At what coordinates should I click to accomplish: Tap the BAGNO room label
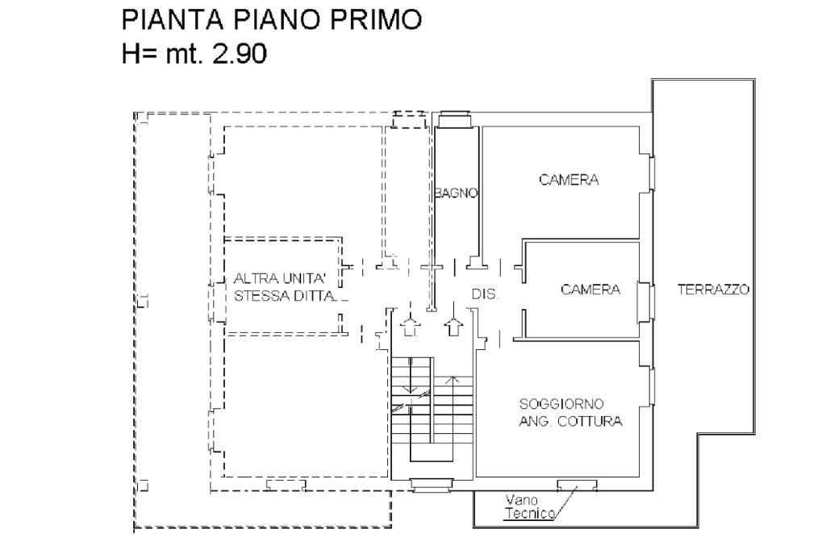[457, 194]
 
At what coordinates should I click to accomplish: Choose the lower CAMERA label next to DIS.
[590, 290]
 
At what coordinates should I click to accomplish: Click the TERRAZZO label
[714, 289]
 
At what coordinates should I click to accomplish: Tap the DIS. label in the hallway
[485, 295]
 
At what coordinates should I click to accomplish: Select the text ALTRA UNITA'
[278, 278]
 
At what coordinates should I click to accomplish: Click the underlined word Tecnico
[529, 513]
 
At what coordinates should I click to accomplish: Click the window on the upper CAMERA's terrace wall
[651, 172]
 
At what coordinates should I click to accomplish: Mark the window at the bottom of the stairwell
[432, 485]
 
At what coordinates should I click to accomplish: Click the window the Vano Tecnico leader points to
[577, 484]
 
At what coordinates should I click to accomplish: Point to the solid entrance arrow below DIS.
[453, 326]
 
